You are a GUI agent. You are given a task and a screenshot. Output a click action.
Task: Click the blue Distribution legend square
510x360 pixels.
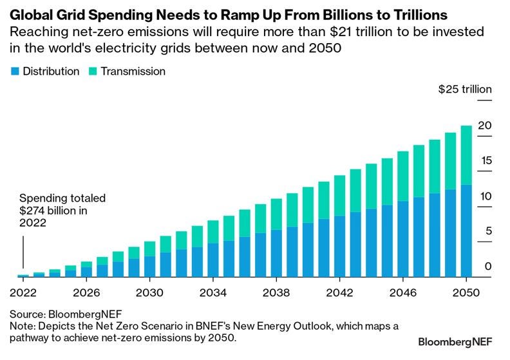pos(14,71)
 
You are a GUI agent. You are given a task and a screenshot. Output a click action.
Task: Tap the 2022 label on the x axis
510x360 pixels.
pos(23,292)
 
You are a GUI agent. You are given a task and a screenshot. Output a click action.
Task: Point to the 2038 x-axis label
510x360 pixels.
pos(276,292)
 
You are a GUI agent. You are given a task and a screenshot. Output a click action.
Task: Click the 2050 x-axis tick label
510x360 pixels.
pos(466,292)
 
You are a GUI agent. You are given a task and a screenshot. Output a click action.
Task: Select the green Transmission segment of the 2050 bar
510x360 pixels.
pos(466,155)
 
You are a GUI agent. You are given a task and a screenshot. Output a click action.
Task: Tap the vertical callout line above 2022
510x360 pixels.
pos(23,251)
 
